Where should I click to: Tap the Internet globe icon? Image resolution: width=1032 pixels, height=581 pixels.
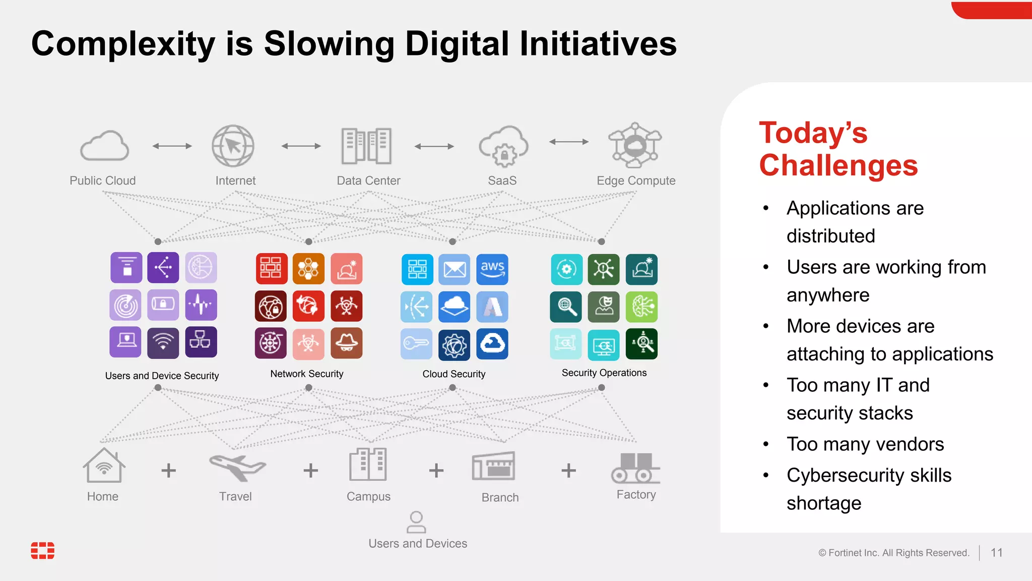(x=233, y=146)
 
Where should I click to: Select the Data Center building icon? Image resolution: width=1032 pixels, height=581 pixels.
(x=366, y=146)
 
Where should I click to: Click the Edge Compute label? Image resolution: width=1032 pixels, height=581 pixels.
(x=636, y=181)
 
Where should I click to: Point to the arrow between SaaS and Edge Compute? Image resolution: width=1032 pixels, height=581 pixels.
(x=569, y=142)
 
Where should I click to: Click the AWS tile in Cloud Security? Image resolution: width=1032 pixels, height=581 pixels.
(x=492, y=269)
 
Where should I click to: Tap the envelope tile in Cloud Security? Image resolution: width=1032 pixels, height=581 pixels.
(x=455, y=269)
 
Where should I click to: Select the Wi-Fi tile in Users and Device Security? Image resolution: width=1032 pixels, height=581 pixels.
(x=163, y=343)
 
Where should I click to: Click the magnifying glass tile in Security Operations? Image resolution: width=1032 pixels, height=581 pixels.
(x=566, y=307)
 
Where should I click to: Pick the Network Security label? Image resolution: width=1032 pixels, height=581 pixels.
(x=306, y=374)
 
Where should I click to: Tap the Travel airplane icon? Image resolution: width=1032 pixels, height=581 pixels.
(x=237, y=467)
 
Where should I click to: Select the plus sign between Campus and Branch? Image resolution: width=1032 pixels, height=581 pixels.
(x=436, y=471)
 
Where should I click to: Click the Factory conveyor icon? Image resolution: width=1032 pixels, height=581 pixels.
(x=636, y=468)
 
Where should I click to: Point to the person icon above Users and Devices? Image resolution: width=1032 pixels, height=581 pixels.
(x=416, y=522)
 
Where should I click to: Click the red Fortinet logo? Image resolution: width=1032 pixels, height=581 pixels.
(x=43, y=551)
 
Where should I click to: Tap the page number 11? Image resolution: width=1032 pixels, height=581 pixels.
(x=996, y=553)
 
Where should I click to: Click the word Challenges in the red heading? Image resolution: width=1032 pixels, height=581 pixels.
(x=838, y=165)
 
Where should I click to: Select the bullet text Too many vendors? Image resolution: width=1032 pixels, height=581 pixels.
(x=865, y=444)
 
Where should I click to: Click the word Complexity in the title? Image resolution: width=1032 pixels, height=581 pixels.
(x=123, y=44)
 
